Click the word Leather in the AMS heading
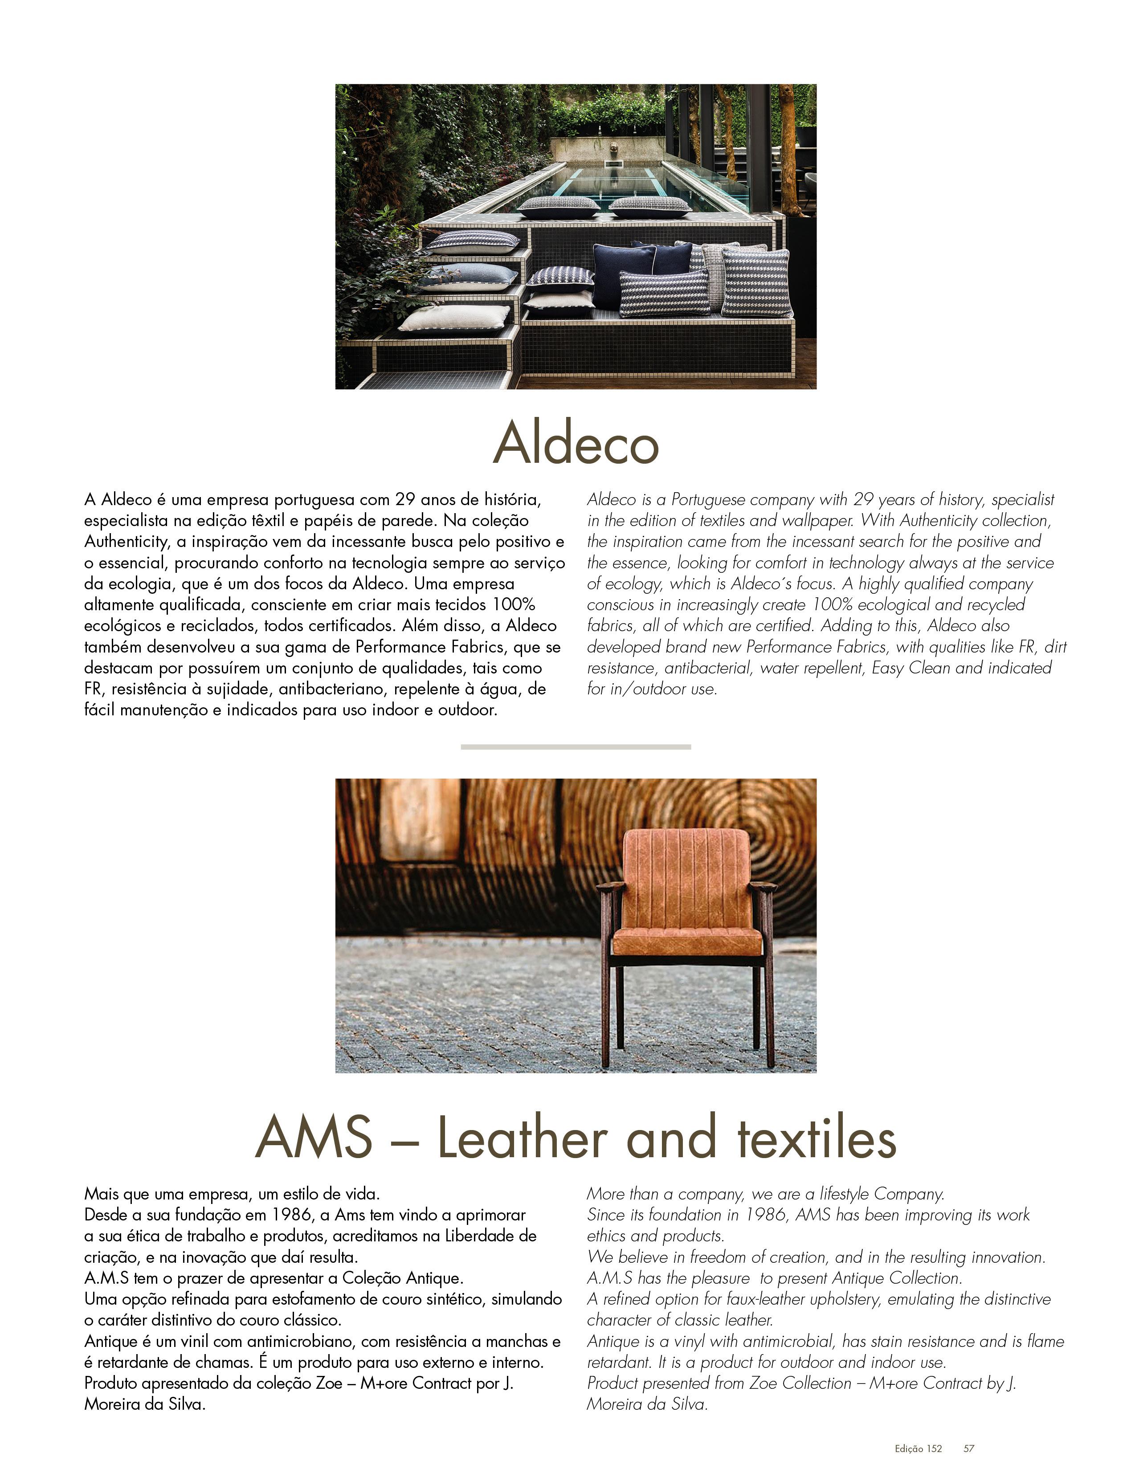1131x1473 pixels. (523, 1138)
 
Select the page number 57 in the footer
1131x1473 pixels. (969, 1448)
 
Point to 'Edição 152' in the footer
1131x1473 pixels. (918, 1448)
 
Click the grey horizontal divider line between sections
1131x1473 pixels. (576, 747)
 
